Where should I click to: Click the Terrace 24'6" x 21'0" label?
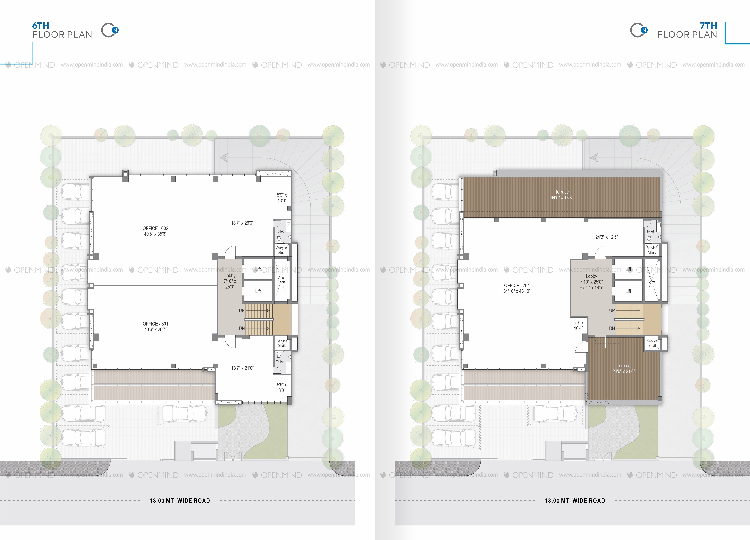point(624,368)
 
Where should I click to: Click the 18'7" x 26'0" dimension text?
point(242,223)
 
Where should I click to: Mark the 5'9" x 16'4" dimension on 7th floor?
point(578,325)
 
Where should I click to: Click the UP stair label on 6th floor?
point(242,311)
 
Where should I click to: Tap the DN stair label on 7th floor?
point(612,328)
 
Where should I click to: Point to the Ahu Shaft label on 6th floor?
point(281,280)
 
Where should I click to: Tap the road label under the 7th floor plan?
point(575,501)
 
